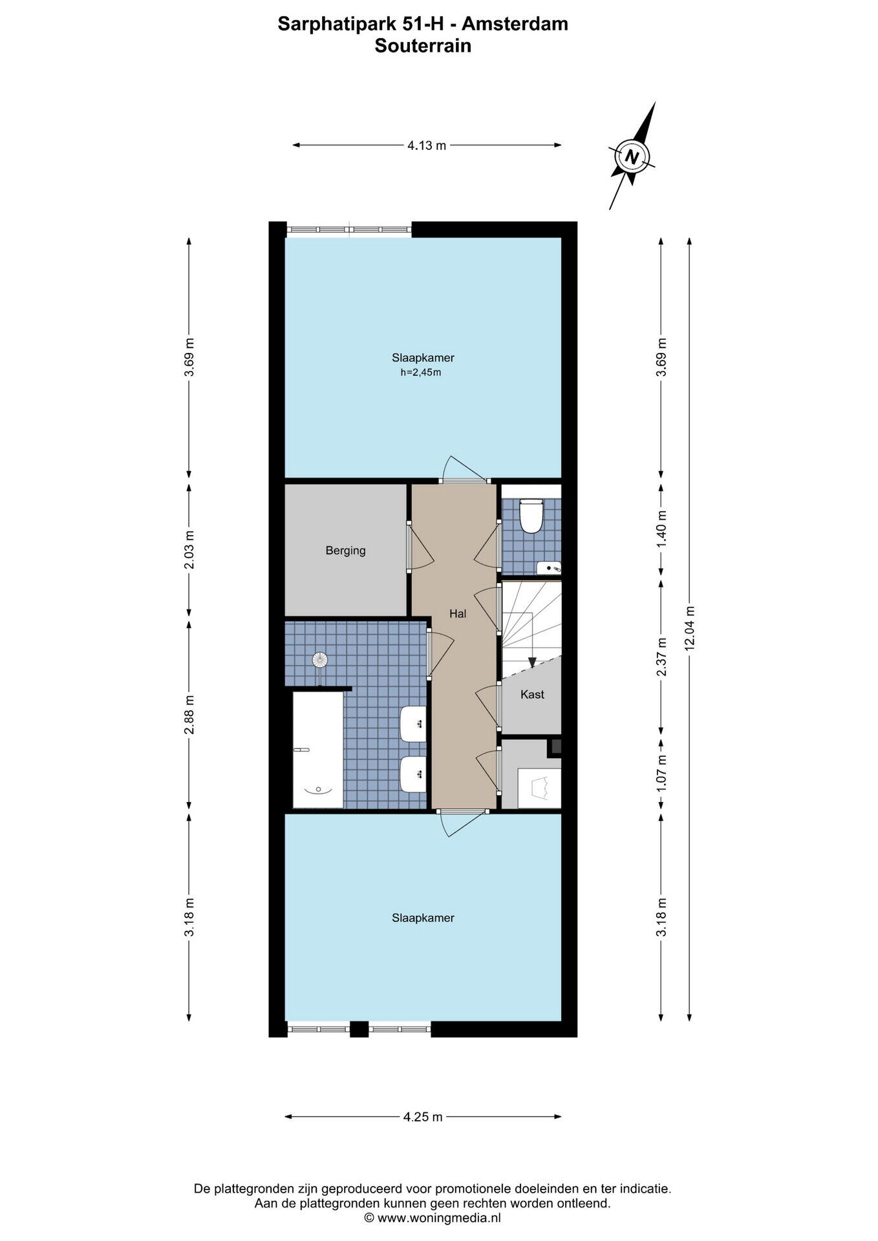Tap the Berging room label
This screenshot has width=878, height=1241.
point(345,551)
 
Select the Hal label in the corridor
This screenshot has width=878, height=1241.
point(458,613)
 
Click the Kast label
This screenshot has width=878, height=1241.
point(532,694)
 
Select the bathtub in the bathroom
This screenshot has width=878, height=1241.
point(318,750)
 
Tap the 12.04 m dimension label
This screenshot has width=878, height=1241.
point(690,627)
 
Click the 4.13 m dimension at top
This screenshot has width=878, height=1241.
point(427,145)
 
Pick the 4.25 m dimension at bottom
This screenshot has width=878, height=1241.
point(423,1116)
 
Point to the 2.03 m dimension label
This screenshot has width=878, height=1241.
point(189,550)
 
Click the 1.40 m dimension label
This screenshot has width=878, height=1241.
point(661,529)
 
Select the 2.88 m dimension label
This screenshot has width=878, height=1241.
point(189,715)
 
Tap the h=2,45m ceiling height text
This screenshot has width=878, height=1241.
point(421,372)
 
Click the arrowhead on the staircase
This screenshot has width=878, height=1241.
point(532,662)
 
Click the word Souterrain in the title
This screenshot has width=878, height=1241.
point(423,46)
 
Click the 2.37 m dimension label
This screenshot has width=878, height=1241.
point(661,657)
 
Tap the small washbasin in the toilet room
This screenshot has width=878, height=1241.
point(548,568)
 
